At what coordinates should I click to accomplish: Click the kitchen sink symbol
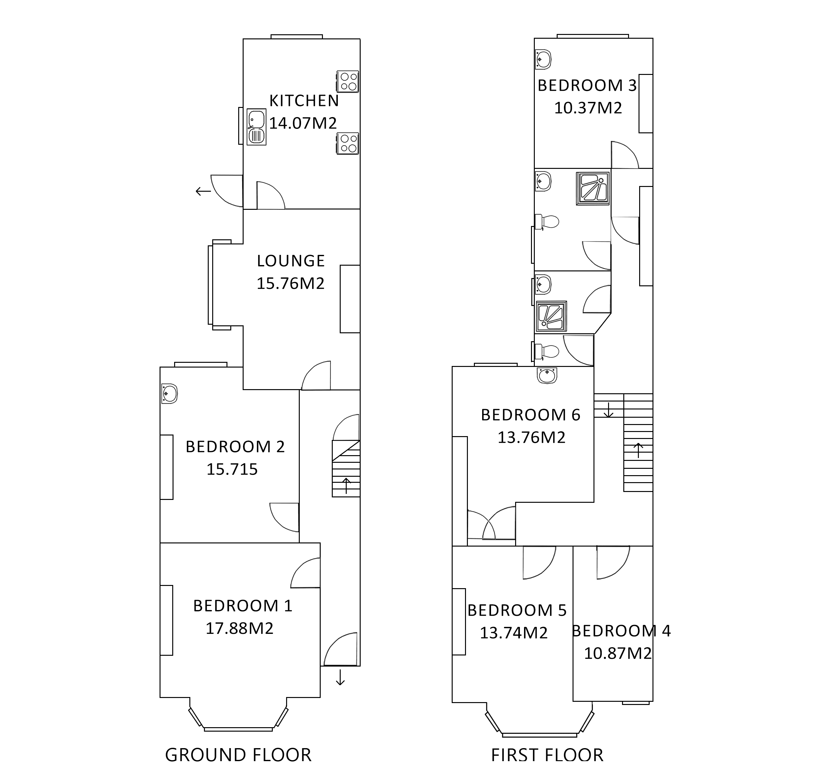pos(256,127)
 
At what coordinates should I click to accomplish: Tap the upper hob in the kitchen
pos(348,82)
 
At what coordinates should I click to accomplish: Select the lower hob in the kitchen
pos(348,144)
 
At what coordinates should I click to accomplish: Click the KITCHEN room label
pos(304,101)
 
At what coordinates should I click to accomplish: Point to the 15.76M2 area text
pos(291,283)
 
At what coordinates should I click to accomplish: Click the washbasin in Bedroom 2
pos(169,394)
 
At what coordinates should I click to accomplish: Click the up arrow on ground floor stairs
pos(346,485)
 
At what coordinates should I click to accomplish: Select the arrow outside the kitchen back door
pos(204,191)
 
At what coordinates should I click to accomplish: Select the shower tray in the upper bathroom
pos(593,189)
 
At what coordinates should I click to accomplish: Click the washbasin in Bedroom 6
pos(547,376)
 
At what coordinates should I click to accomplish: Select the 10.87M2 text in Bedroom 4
pos(618,654)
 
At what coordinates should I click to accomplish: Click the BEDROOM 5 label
pos(517,610)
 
